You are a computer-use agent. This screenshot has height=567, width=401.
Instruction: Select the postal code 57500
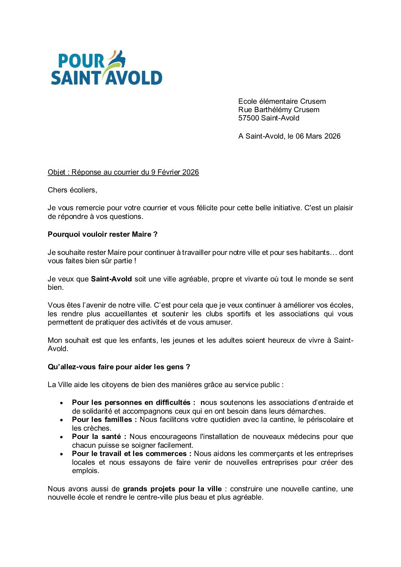[249, 118]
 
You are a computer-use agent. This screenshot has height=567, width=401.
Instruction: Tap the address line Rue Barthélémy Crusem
[279, 110]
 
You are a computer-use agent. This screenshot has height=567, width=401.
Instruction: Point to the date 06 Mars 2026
[318, 136]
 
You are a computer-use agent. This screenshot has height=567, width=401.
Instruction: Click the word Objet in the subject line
[56, 172]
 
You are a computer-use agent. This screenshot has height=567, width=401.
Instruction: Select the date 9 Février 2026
[175, 172]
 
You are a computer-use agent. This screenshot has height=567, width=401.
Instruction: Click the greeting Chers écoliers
[72, 190]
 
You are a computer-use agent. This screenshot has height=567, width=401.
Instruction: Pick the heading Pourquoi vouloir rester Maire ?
[102, 234]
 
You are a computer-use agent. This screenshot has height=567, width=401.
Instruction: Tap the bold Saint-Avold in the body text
[111, 279]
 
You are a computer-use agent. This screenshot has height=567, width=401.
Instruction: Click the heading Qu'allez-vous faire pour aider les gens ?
[119, 367]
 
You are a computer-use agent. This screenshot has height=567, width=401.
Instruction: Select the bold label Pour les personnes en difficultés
[131, 403]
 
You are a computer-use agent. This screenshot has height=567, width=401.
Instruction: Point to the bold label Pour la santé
[99, 437]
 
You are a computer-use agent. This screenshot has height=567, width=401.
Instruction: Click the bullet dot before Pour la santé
[61, 437]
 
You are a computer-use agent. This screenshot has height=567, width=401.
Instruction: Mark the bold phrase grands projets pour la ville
[172, 489]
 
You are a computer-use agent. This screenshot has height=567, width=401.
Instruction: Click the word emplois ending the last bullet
[85, 471]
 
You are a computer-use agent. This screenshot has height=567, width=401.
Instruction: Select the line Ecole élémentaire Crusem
[282, 102]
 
